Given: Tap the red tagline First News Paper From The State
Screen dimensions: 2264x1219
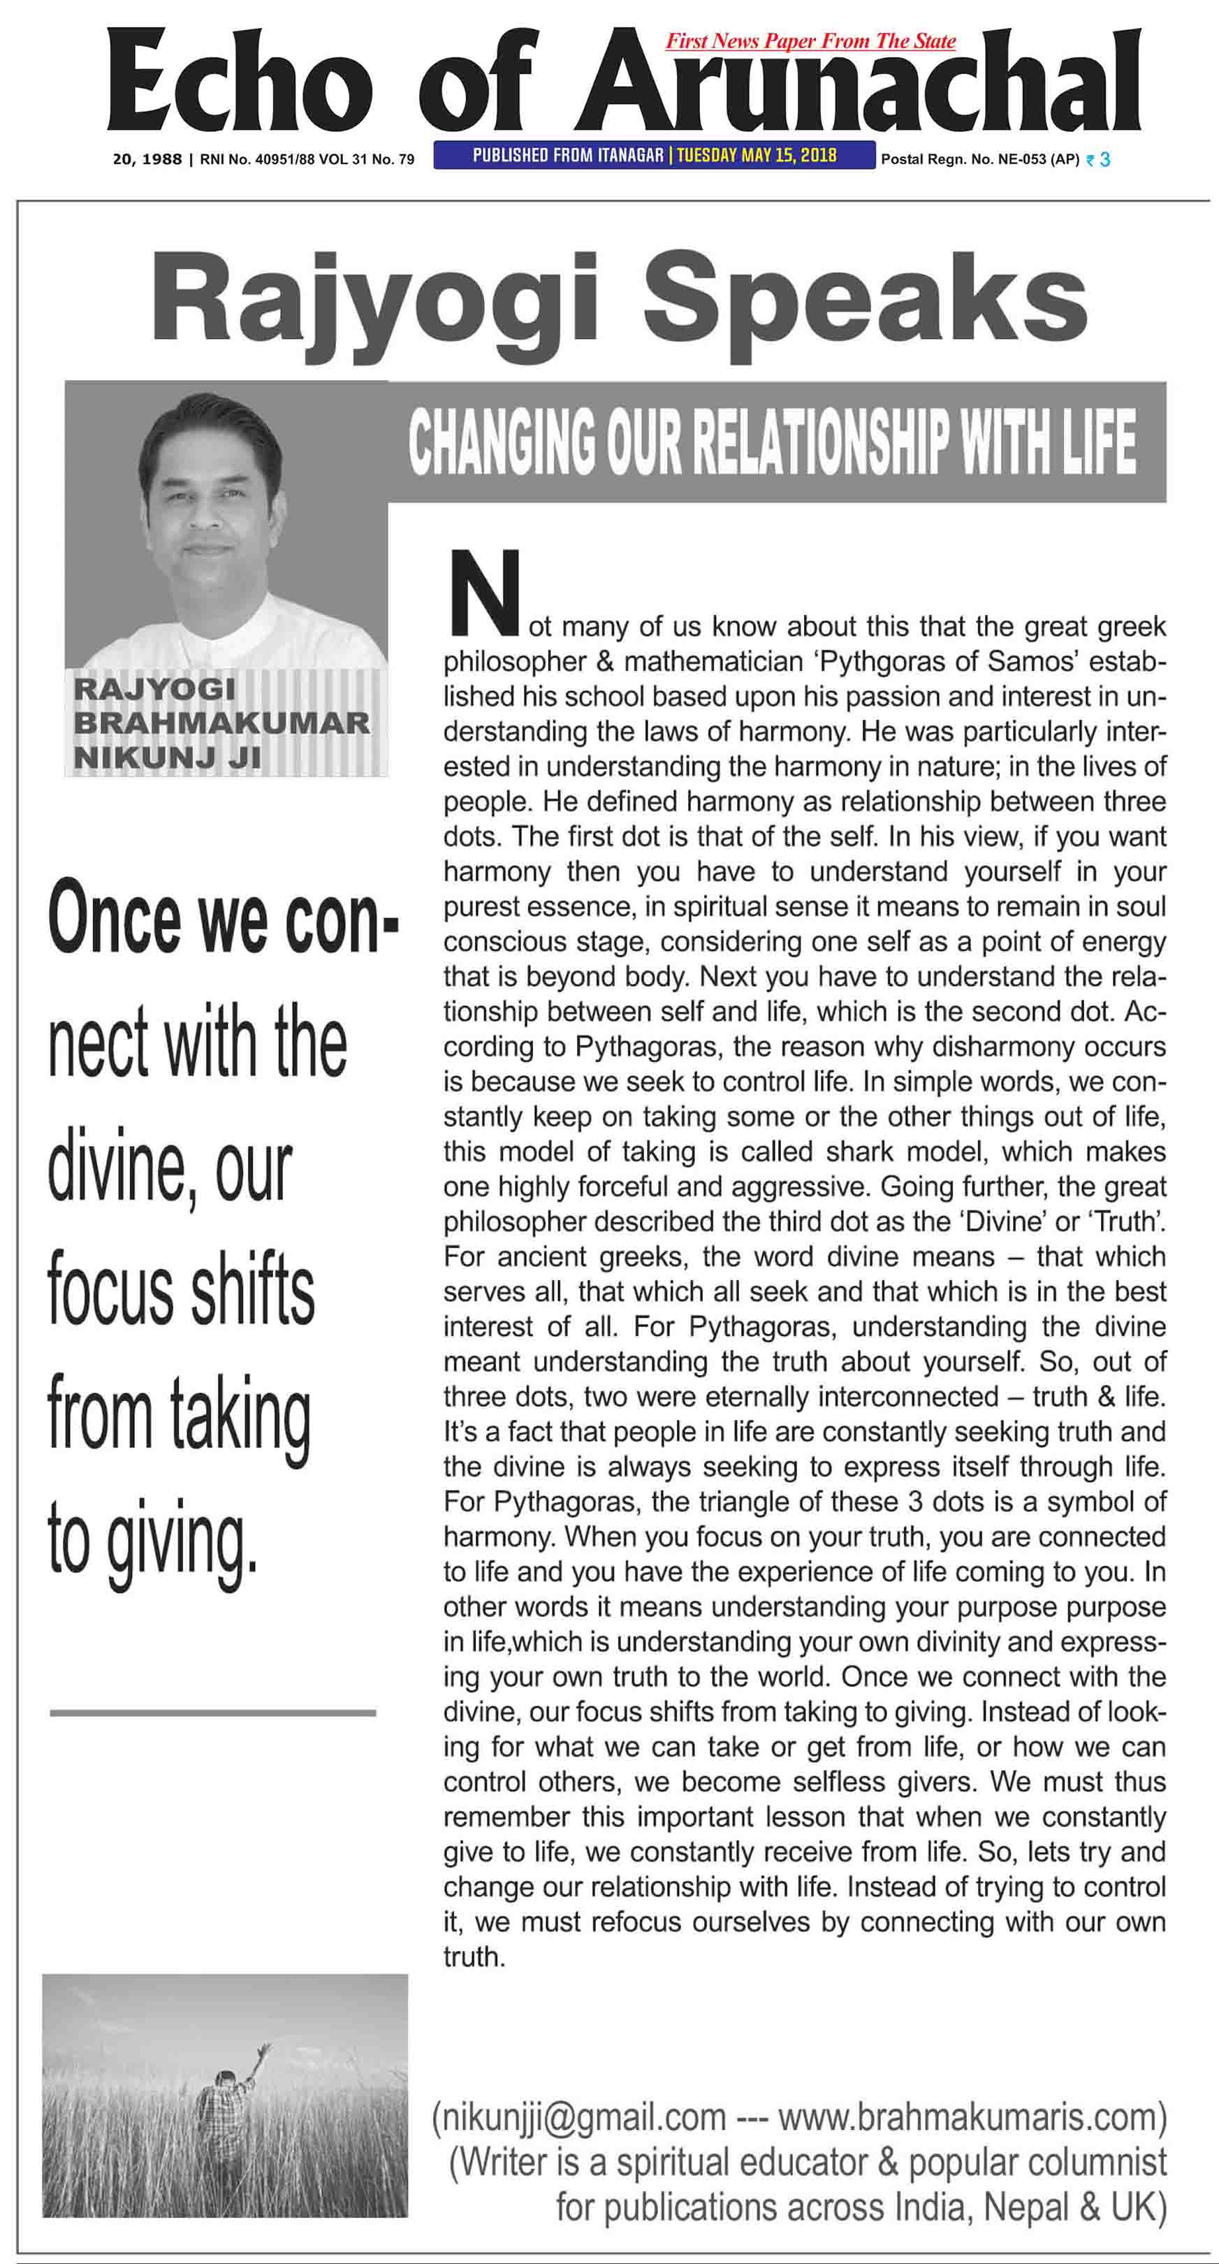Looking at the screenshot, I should (x=810, y=41).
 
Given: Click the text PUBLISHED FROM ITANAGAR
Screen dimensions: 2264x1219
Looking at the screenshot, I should (x=567, y=156).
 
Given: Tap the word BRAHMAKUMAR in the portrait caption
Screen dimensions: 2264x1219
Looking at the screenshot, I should (x=221, y=723).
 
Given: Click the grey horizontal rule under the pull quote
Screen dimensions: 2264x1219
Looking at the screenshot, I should (x=212, y=1713).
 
